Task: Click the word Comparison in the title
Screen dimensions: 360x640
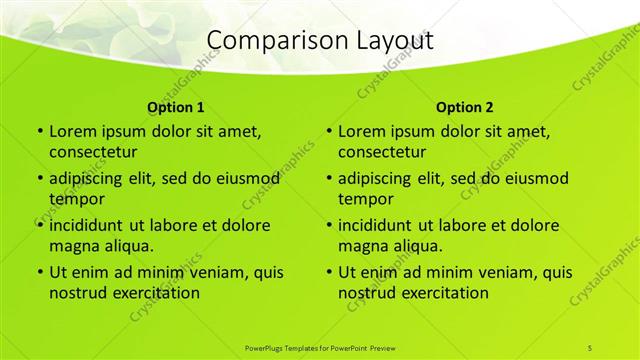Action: pyautogui.click(x=267, y=41)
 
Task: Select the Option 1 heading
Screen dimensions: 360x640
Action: pyautogui.click(x=176, y=107)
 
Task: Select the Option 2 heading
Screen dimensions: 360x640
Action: pyautogui.click(x=465, y=107)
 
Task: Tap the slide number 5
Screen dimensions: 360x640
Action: pyautogui.click(x=590, y=347)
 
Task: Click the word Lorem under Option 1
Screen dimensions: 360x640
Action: pyautogui.click(x=73, y=131)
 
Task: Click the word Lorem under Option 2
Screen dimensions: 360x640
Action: pyautogui.click(x=362, y=131)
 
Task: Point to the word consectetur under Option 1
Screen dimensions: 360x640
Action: pyautogui.click(x=93, y=152)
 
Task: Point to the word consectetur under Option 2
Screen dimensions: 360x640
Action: pyautogui.click(x=382, y=152)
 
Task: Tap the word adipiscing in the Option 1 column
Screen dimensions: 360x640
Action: pyautogui.click(x=91, y=179)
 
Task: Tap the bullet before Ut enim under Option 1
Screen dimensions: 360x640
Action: pyautogui.click(x=39, y=272)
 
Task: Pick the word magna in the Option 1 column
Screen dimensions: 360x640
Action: pyautogui.click(x=74, y=245)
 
